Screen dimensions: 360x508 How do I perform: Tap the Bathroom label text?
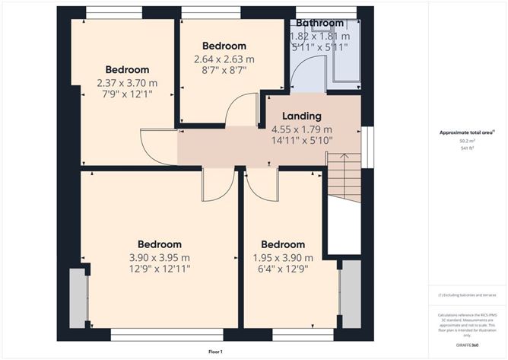(319, 24)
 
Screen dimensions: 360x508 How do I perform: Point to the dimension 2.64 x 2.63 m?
(224, 59)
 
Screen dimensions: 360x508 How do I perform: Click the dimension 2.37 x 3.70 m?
(127, 83)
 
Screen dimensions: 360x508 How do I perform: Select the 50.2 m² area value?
(465, 141)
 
